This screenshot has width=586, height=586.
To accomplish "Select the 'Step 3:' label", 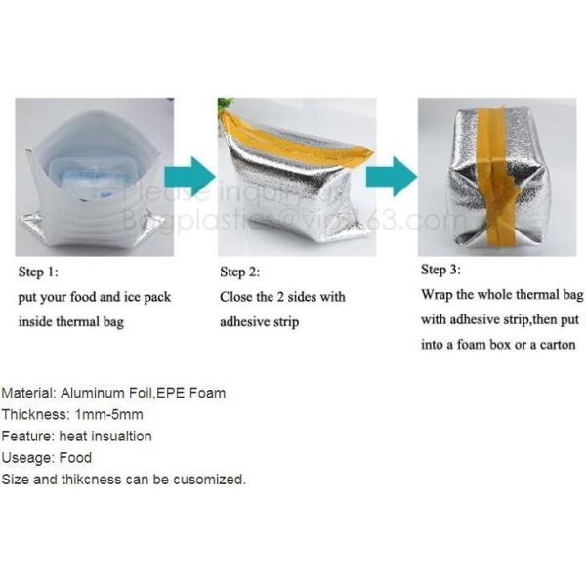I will coord(440,269).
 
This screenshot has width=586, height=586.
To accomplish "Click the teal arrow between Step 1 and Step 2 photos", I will coord(189,176).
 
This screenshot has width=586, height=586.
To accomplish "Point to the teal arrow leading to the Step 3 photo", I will coord(392,176).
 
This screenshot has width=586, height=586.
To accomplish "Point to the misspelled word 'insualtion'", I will coord(119,436).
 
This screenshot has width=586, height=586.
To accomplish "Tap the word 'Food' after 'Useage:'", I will coord(75,457).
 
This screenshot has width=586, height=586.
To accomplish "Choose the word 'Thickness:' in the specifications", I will coord(35,414).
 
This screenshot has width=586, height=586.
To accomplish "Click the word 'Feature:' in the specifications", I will coord(28,436).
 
